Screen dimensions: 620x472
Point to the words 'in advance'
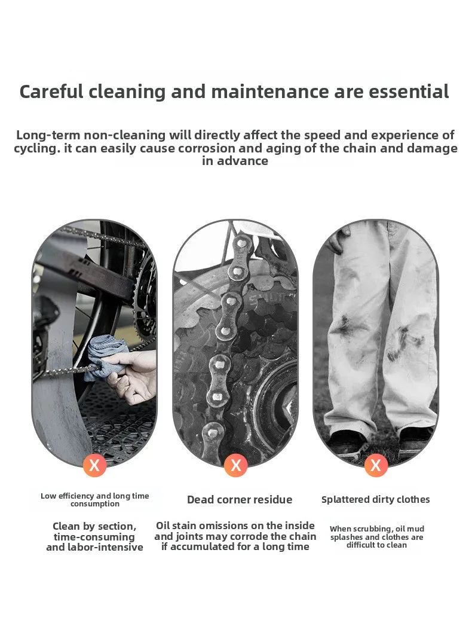click(x=235, y=161)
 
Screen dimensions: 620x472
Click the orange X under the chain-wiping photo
click(x=94, y=465)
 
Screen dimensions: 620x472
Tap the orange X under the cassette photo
click(x=235, y=465)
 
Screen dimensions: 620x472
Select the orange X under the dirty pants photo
click(x=376, y=465)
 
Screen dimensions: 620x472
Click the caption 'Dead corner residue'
click(x=240, y=500)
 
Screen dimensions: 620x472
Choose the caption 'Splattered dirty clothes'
click(x=376, y=500)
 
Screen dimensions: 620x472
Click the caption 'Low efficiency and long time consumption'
click(x=95, y=500)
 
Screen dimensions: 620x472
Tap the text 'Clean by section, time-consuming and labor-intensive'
click(x=95, y=537)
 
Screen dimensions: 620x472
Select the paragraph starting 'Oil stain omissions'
click(x=235, y=536)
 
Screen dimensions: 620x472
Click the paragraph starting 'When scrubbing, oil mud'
click(x=376, y=537)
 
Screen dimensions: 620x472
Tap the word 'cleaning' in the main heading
click(x=127, y=91)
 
